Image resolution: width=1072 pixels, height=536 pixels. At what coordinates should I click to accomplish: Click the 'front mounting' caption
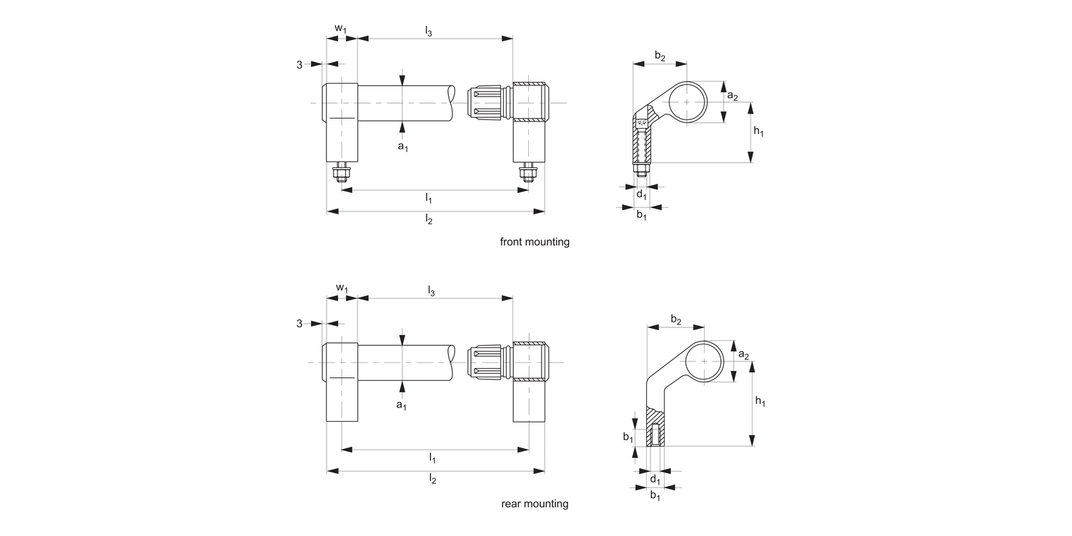pos(535,242)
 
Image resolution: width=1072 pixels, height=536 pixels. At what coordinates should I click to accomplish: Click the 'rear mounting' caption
pos(535,504)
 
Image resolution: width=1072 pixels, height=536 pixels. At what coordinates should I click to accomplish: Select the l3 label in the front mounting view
pos(429,31)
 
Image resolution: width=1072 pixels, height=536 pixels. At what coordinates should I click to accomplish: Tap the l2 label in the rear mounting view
pos(432,478)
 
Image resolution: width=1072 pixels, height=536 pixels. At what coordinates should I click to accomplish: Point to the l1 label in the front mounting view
pos(429,197)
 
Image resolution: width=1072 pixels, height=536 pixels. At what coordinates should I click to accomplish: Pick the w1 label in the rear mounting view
pos(342,288)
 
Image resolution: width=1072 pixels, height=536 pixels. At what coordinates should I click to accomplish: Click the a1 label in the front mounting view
pos(402,147)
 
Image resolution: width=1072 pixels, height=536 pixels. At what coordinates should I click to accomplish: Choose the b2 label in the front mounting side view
pos(660,56)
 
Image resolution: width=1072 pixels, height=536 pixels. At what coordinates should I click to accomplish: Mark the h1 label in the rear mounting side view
pos(760,402)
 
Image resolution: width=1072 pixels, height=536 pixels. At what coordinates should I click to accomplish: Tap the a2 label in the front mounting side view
pos(733,96)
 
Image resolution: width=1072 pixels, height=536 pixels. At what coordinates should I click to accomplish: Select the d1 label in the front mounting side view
pos(641,194)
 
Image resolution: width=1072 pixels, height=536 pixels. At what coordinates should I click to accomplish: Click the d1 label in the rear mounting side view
pos(655,480)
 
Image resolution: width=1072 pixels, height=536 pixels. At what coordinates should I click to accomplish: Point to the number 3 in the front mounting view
pos(299,65)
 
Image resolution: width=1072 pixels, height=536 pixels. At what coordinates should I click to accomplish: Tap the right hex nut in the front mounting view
pos(528,174)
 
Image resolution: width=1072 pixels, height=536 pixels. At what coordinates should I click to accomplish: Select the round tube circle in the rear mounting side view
pos(704,362)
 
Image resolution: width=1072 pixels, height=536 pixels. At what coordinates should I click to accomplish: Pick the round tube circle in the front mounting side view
pos(687,102)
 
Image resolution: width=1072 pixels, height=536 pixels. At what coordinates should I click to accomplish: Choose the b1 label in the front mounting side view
pos(641,215)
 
